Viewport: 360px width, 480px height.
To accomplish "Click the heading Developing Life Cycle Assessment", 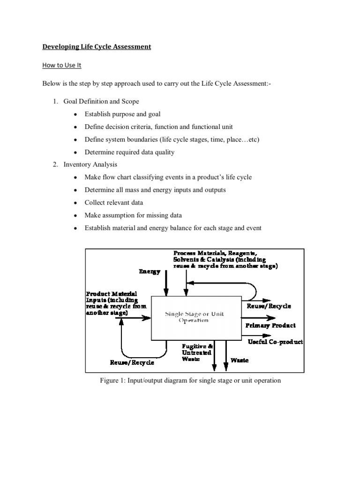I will coord(97,47).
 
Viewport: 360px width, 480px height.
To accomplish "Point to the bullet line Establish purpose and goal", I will coord(122,114).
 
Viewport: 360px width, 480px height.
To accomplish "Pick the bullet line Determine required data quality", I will coord(129,152).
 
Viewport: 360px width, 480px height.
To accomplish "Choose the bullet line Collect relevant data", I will coord(114,202).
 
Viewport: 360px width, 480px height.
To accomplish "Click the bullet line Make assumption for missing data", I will coord(133,215).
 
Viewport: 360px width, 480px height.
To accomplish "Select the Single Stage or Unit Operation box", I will coord(195,317).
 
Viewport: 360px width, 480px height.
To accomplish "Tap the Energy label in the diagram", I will coord(150,271).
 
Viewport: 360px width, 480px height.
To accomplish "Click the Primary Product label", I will coord(271,325).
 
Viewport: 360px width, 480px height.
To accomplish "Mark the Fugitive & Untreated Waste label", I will coord(197,352).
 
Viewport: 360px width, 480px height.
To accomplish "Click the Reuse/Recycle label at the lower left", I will coord(132,363).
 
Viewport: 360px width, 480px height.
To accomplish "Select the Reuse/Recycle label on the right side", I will coord(269,306).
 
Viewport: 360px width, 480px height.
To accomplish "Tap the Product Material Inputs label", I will coord(116,303).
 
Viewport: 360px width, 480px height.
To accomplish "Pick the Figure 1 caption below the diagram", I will coord(190,380).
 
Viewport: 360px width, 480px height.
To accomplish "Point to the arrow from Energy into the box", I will coord(165,286).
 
